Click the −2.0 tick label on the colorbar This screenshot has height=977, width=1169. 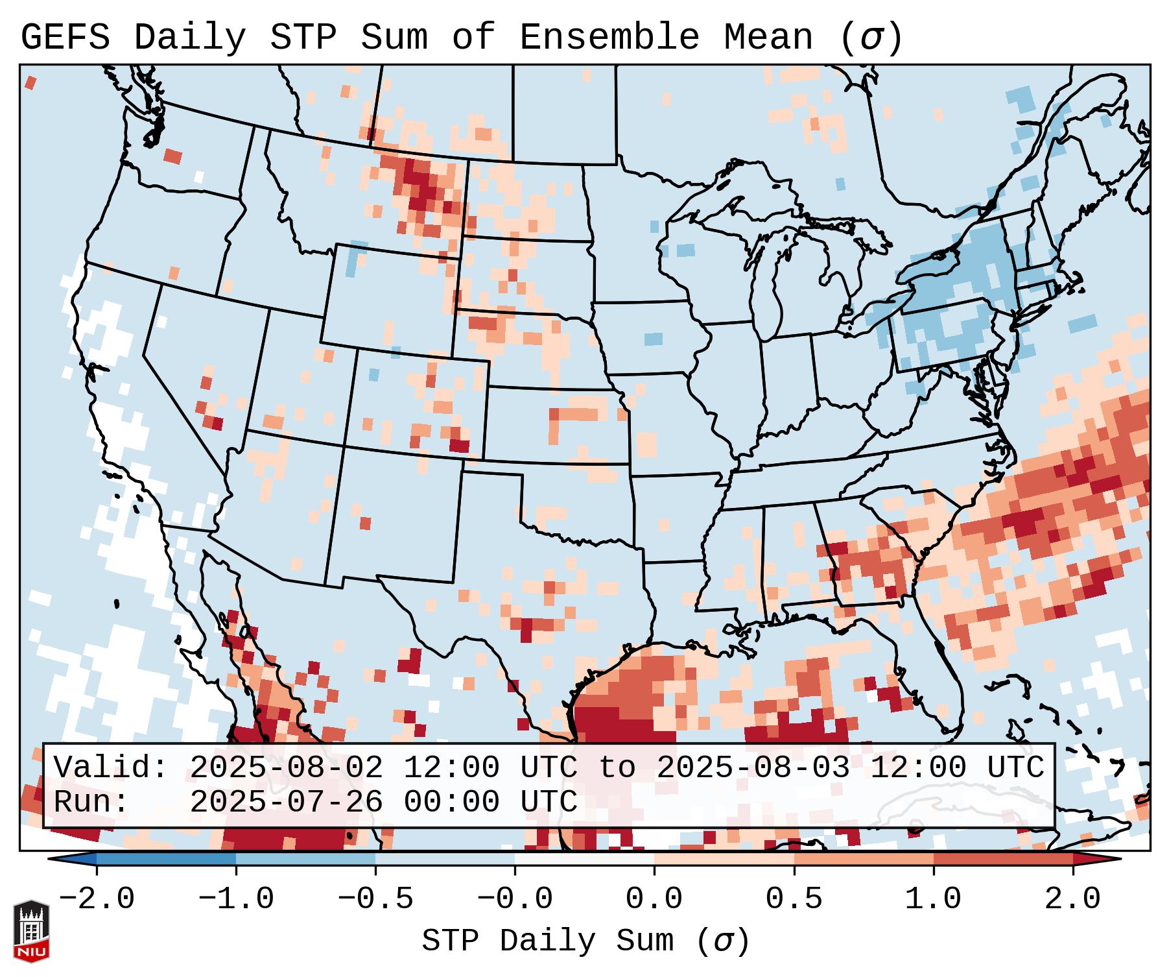[x=97, y=899]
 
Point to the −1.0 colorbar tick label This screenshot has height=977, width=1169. [x=236, y=899]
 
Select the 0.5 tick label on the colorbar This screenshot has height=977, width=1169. [x=794, y=899]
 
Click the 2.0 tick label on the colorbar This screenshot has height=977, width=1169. [x=1072, y=899]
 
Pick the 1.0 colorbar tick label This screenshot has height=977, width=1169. [x=933, y=899]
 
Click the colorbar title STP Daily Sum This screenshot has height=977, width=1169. [x=558, y=941]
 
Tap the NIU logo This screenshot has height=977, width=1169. [x=31, y=931]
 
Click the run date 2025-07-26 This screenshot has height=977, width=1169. [x=286, y=802]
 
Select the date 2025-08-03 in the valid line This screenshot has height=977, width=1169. [x=753, y=768]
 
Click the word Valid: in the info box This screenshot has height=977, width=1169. [x=110, y=768]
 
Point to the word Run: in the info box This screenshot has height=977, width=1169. [x=91, y=802]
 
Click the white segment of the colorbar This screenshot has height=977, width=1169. [x=584, y=859]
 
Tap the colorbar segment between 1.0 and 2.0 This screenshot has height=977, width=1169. [x=1003, y=859]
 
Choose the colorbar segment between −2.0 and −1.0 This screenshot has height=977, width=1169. [x=166, y=859]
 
